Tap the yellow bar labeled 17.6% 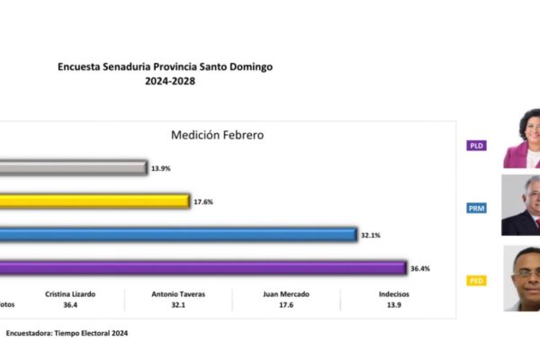[94, 202]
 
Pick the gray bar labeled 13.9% [73, 167]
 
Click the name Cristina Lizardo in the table [69, 293]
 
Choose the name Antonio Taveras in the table [178, 293]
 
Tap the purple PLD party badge [476, 145]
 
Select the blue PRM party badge [476, 209]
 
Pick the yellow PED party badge [476, 281]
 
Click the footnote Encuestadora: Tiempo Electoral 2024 [67, 332]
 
